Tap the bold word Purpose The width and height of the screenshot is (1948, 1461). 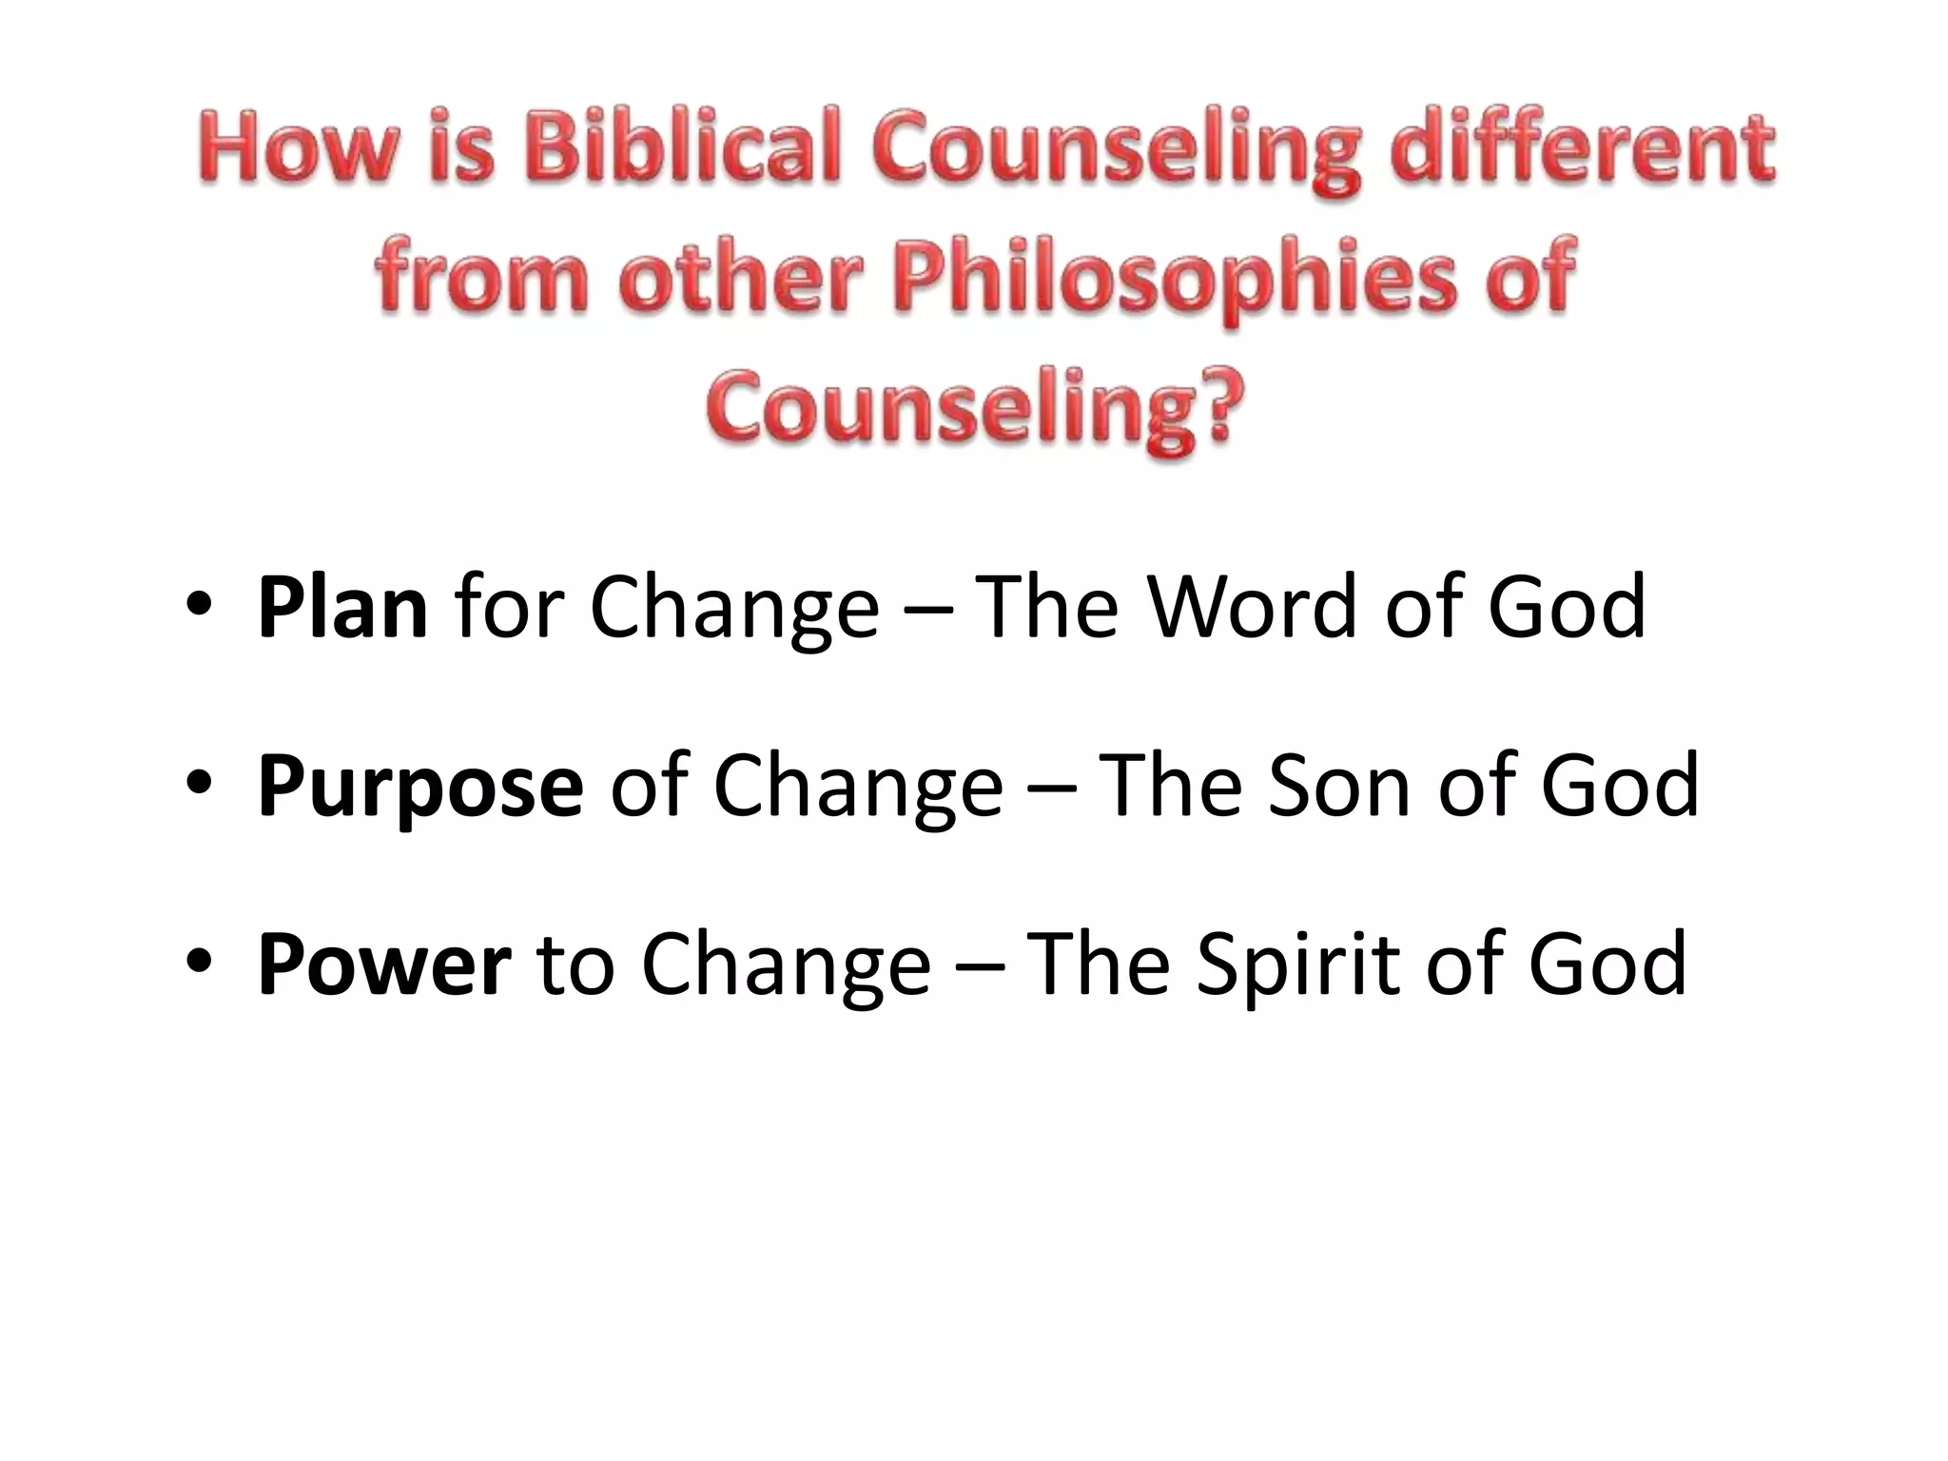click(x=419, y=786)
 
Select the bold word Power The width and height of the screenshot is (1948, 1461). click(x=384, y=964)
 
